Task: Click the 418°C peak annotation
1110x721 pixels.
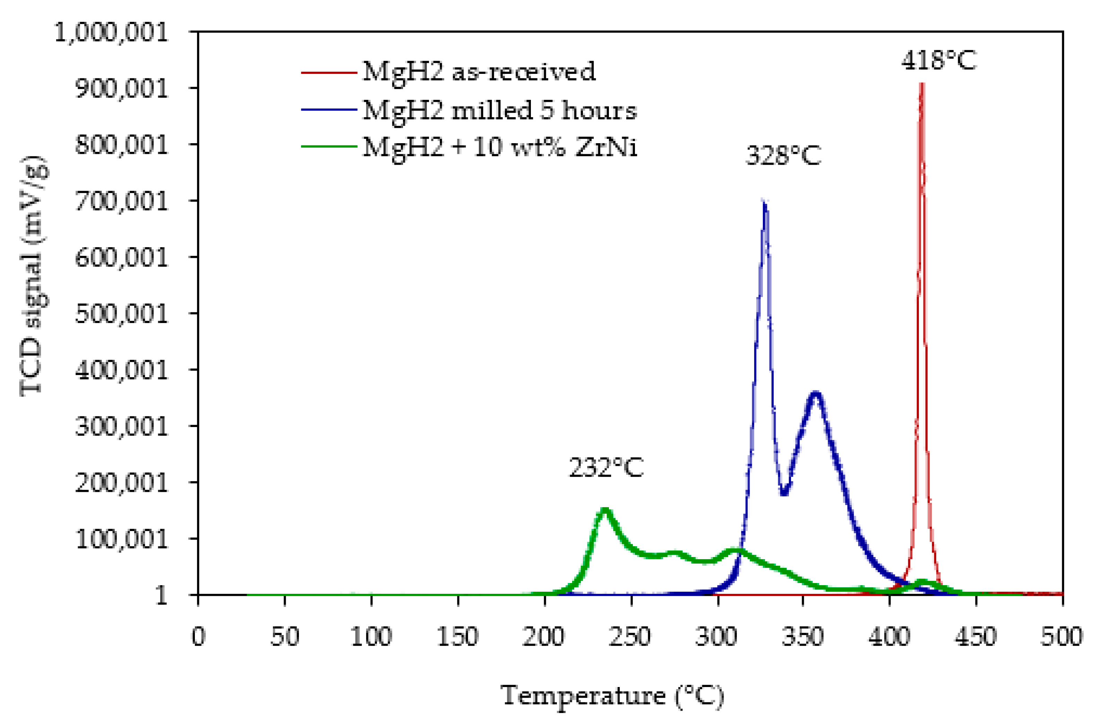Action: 938,61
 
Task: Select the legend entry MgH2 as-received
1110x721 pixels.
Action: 479,72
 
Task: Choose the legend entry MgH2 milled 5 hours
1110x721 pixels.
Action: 499,111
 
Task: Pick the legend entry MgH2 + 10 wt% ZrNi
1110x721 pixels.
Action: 499,147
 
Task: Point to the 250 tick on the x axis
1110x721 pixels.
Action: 631,636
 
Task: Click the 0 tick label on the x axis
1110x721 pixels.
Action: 198,636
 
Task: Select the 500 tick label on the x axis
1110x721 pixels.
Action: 1061,636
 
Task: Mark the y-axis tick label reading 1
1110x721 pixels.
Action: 161,595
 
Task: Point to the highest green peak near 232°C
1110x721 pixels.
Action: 604,510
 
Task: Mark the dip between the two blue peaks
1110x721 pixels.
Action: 784,493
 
